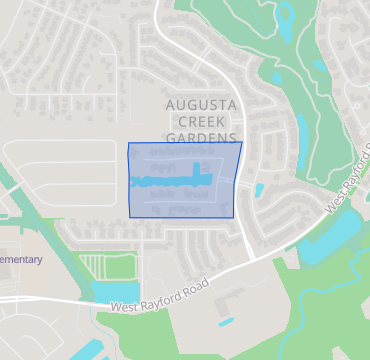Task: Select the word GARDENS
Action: pyautogui.click(x=201, y=137)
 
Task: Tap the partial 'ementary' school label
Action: pyautogui.click(x=21, y=260)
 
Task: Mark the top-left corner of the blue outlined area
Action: pyautogui.click(x=129, y=144)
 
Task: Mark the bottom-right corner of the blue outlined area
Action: pyautogui.click(x=234, y=216)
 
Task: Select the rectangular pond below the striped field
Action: pyautogui.click(x=116, y=291)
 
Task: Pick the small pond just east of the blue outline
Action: pyautogui.click(x=259, y=189)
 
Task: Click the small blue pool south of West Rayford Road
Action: pyautogui.click(x=227, y=322)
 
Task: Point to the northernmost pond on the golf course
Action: pyautogui.click(x=288, y=19)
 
